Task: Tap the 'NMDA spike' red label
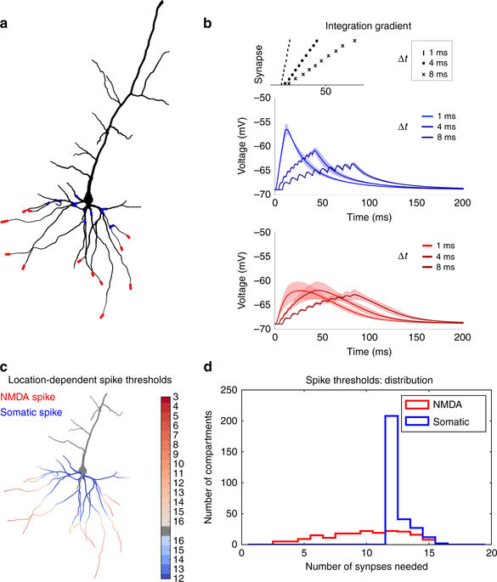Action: (x=28, y=395)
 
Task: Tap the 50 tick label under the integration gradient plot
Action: (x=324, y=91)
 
